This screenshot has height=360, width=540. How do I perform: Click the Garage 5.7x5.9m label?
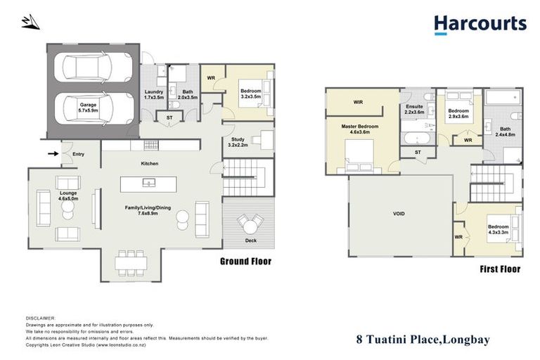(88, 107)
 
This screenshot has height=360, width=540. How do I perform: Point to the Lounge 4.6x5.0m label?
(67, 195)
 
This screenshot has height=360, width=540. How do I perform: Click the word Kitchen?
(149, 164)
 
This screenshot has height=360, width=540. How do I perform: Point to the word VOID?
(400, 213)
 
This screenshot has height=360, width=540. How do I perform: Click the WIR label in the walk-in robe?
(358, 103)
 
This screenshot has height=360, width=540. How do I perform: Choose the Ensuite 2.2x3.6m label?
(414, 109)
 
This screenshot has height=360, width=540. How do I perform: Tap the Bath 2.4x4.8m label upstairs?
(507, 131)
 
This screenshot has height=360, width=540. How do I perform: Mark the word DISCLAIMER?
(39, 318)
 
